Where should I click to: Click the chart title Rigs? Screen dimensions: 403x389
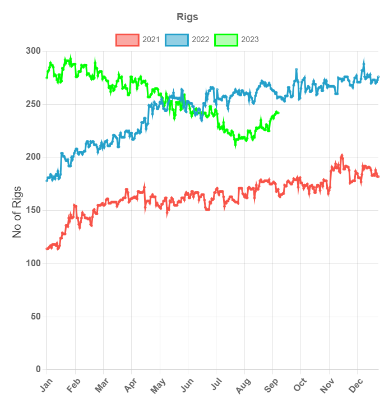pos(187,17)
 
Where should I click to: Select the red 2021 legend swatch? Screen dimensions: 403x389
pos(127,40)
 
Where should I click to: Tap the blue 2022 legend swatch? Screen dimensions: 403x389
pos(177,40)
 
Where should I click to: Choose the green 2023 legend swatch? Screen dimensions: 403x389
pos(226,40)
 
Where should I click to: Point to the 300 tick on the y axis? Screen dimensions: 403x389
pos(34,52)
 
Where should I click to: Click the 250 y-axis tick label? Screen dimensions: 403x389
pos(34,104)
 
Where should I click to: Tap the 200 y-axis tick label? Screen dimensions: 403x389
pos(34,158)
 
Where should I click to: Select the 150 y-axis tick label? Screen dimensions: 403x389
pos(34,210)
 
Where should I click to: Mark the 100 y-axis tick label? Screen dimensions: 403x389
pos(34,263)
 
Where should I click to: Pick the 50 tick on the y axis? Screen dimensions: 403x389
pos(36,317)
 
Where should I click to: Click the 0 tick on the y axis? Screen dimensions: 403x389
pos(38,369)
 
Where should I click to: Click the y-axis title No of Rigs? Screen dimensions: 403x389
pos(17,211)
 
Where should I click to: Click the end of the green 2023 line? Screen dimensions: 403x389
pos(278,113)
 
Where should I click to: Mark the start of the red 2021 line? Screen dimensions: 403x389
pos(47,248)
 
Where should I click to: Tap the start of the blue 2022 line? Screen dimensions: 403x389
pos(47,180)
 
